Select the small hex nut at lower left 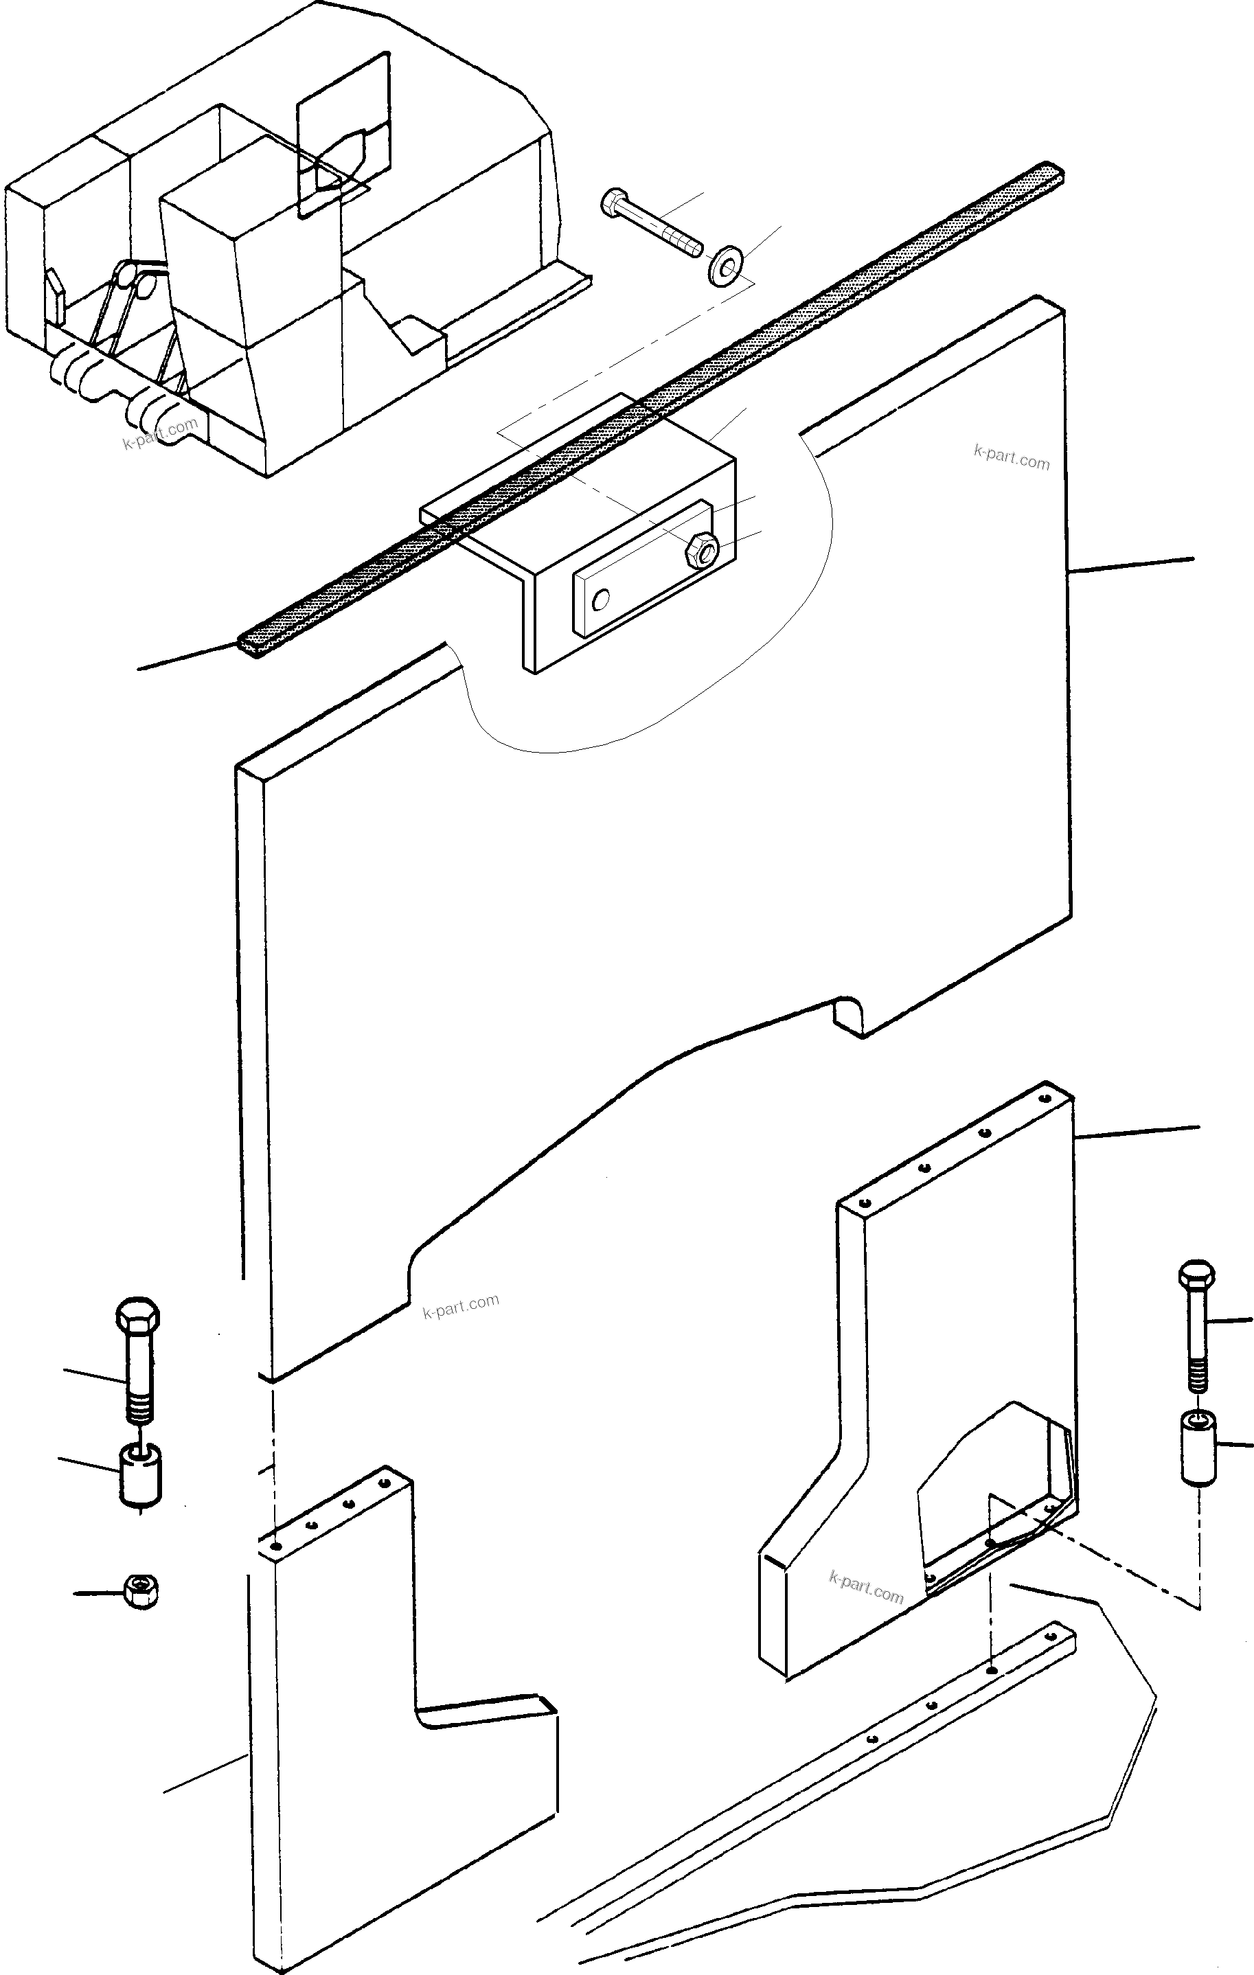141,1591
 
